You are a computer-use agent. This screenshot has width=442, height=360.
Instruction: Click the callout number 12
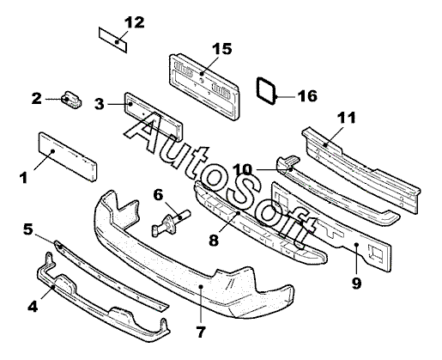pyautogui.click(x=134, y=22)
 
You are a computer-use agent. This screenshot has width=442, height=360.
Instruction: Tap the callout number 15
pyautogui.click(x=222, y=49)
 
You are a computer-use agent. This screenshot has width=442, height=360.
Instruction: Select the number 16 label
pyautogui.click(x=307, y=96)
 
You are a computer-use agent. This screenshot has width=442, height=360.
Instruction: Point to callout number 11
pyautogui.click(x=347, y=118)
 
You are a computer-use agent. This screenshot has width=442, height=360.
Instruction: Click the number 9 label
pyautogui.click(x=356, y=284)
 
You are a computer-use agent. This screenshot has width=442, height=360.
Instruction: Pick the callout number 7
pyautogui.click(x=201, y=332)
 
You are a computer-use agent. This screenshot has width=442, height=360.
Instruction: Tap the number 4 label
pyautogui.click(x=33, y=307)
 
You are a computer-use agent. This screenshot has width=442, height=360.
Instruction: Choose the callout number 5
pyautogui.click(x=28, y=229)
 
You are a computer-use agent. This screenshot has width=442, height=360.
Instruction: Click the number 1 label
pyautogui.click(x=23, y=178)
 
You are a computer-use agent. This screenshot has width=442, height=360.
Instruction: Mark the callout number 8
pyautogui.click(x=214, y=240)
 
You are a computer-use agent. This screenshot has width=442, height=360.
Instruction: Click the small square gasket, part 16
pyautogui.click(x=266, y=91)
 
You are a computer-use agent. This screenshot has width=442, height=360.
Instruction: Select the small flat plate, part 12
pyautogui.click(x=112, y=40)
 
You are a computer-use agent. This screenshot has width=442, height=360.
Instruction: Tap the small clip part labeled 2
pyautogui.click(x=71, y=100)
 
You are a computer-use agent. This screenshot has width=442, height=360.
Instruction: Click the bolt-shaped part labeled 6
pyautogui.click(x=171, y=223)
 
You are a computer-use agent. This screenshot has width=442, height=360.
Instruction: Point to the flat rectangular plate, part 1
pyautogui.click(x=68, y=156)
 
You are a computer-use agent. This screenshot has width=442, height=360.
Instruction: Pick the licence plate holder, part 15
pyautogui.click(x=204, y=86)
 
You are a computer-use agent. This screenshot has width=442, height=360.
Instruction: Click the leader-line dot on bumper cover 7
pyautogui.click(x=201, y=286)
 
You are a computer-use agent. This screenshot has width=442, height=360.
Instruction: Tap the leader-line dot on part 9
pyautogui.click(x=356, y=244)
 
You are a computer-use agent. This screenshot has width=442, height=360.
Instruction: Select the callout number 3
pyautogui.click(x=100, y=104)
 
